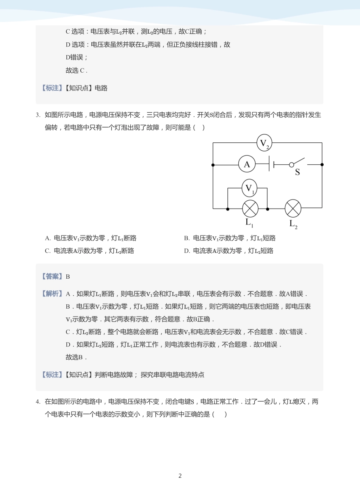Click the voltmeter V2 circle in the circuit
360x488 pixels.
pyautogui.click(x=264, y=143)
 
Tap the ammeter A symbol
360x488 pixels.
pyautogui.click(x=247, y=164)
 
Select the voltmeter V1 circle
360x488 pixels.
pyautogui.click(x=249, y=188)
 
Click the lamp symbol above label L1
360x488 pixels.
pyautogui.click(x=250, y=209)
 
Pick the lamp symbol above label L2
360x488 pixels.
pyautogui.click(x=293, y=208)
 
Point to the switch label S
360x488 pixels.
pyautogui.click(x=297, y=173)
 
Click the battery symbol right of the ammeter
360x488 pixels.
pyautogui.click(x=271, y=164)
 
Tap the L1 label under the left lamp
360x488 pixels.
pyautogui.click(x=249, y=223)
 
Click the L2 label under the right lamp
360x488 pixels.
pyautogui.click(x=293, y=224)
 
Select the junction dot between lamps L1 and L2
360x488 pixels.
pyautogui.click(x=268, y=209)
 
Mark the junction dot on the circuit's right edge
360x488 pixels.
pyautogui.click(x=322, y=165)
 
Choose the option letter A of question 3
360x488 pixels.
pyautogui.click(x=47, y=238)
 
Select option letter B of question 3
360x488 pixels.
pyautogui.click(x=186, y=238)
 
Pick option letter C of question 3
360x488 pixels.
pyautogui.click(x=47, y=251)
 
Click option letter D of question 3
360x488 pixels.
pyautogui.click(x=186, y=251)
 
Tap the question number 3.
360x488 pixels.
pyautogui.click(x=38, y=115)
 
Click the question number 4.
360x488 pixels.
pyautogui.click(x=38, y=402)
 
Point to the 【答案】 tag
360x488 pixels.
pyautogui.click(x=52, y=276)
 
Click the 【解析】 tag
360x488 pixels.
pyautogui.click(x=52, y=294)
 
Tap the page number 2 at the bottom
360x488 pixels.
pyautogui.click(x=180, y=476)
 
